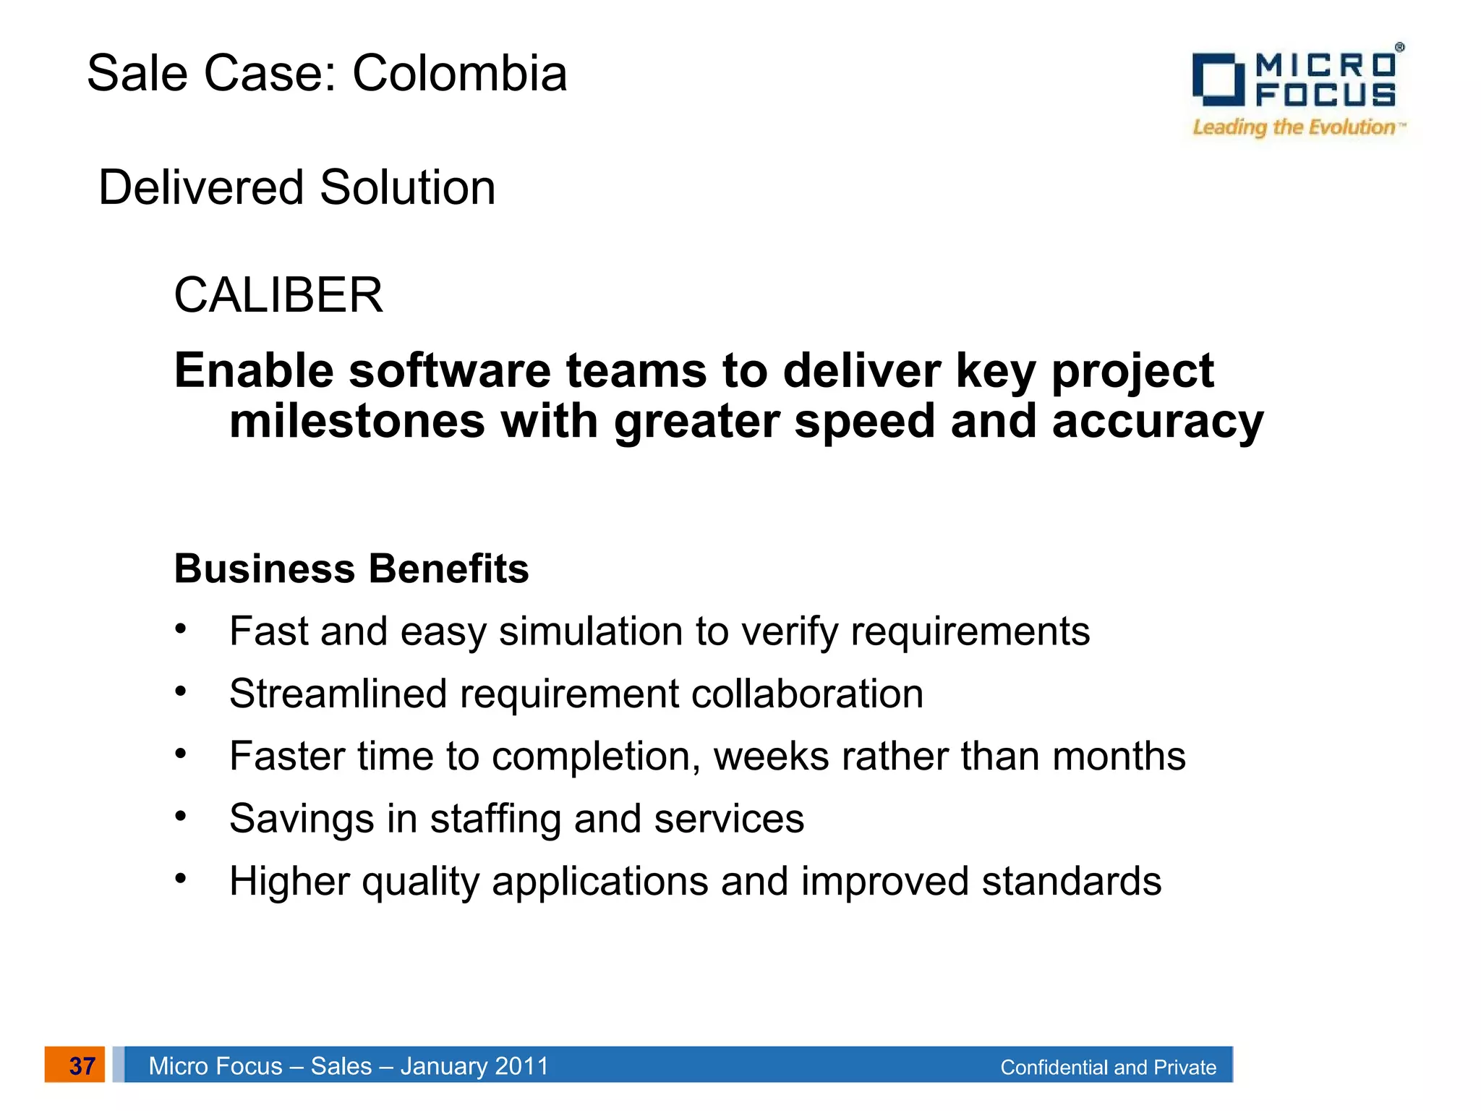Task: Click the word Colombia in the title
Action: (459, 74)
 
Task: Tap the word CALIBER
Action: (278, 296)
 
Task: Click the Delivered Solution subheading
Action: (296, 188)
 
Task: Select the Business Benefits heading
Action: (351, 569)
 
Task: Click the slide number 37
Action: (82, 1065)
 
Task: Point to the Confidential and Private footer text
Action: (1108, 1068)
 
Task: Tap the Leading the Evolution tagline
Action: (1294, 127)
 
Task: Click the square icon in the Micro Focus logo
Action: (1218, 80)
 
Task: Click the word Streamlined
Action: (338, 694)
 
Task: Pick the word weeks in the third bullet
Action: (771, 757)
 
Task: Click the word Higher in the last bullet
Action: (289, 882)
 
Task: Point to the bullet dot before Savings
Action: (181, 817)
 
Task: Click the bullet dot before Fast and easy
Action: (181, 629)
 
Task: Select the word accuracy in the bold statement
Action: (1158, 422)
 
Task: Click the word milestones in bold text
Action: (357, 422)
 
